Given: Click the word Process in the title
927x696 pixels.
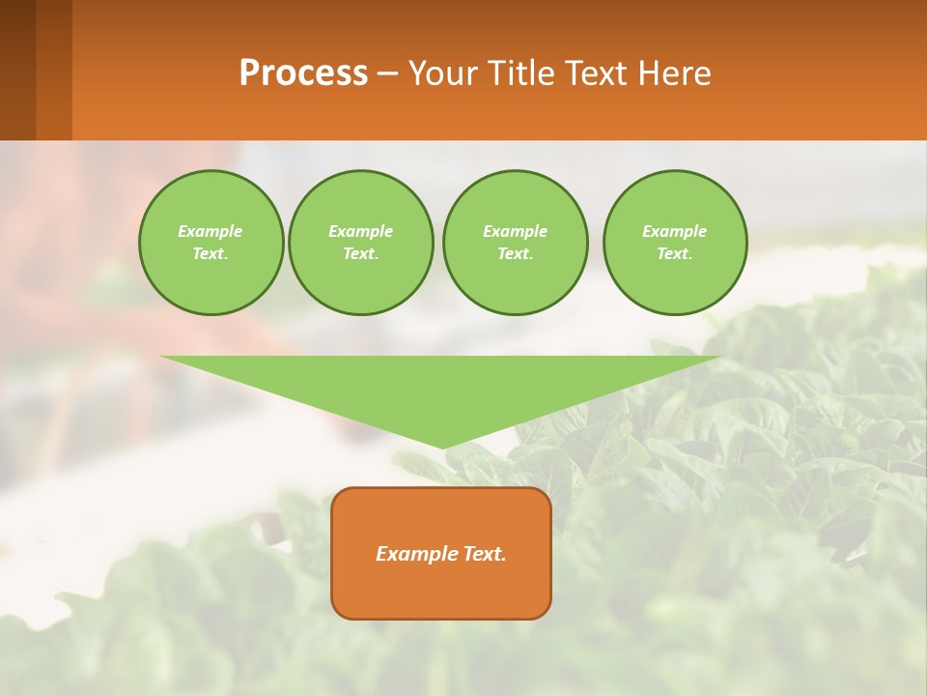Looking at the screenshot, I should coord(303,72).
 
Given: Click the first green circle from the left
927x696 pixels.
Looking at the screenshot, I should coord(211,243).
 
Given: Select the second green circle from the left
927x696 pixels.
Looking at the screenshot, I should coord(360,243).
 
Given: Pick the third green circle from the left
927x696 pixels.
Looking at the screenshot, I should coord(515,243).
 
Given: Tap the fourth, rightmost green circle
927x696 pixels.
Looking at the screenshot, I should coord(674,243).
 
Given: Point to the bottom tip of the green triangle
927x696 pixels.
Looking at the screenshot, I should coord(443,448).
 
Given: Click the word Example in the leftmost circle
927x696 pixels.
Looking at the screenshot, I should coord(211,231).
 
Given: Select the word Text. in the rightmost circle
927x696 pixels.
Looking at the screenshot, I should coord(674,254).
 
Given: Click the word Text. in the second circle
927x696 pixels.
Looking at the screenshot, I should coord(360,254).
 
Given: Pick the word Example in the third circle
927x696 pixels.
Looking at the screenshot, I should coord(515,231).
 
